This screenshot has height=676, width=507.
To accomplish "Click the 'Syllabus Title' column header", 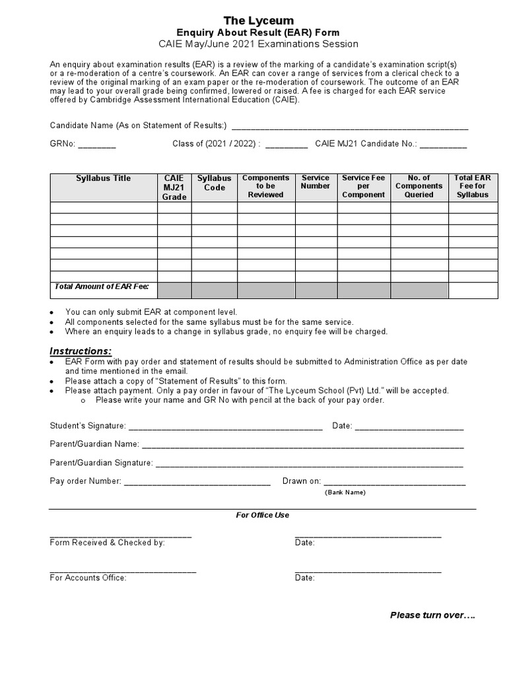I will tap(103, 178).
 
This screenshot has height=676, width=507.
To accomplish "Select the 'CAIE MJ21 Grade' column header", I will tap(174, 187).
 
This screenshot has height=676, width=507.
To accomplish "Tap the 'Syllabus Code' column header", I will tap(215, 183).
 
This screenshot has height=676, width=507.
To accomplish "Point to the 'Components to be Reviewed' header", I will tap(265, 187).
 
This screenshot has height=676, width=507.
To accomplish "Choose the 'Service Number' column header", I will tap(316, 182).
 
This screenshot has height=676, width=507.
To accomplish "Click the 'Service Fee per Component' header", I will tap(364, 187).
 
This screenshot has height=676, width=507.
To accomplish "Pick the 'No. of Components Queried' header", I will tap(419, 187).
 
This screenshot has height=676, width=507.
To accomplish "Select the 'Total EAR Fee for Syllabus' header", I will tap(473, 187).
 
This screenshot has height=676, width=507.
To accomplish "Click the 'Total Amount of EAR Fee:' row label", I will tap(102, 287).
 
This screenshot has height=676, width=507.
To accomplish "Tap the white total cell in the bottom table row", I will tap(473, 290).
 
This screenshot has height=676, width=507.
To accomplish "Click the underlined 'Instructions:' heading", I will tap(81, 351).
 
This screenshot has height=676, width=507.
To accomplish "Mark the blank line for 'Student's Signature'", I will tap(224, 427).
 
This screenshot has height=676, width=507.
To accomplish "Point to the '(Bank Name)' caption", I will tap(344, 492).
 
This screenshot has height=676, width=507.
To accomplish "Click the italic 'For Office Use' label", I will tap(263, 515).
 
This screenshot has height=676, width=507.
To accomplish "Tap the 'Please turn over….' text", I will tap(432, 615).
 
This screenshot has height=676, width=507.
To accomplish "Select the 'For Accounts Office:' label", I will tap(88, 578).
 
